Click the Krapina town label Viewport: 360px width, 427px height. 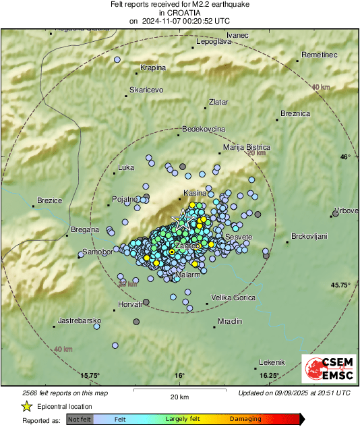152,67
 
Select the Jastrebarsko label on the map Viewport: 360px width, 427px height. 80,320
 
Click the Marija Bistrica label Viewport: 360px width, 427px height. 246,147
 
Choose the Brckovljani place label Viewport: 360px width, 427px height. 309,236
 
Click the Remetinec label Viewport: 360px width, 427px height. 319,54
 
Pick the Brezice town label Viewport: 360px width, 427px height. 49,200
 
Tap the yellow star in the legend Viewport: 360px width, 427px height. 26,407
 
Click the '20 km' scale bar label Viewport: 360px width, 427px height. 179,396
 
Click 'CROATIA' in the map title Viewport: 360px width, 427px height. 179,12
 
